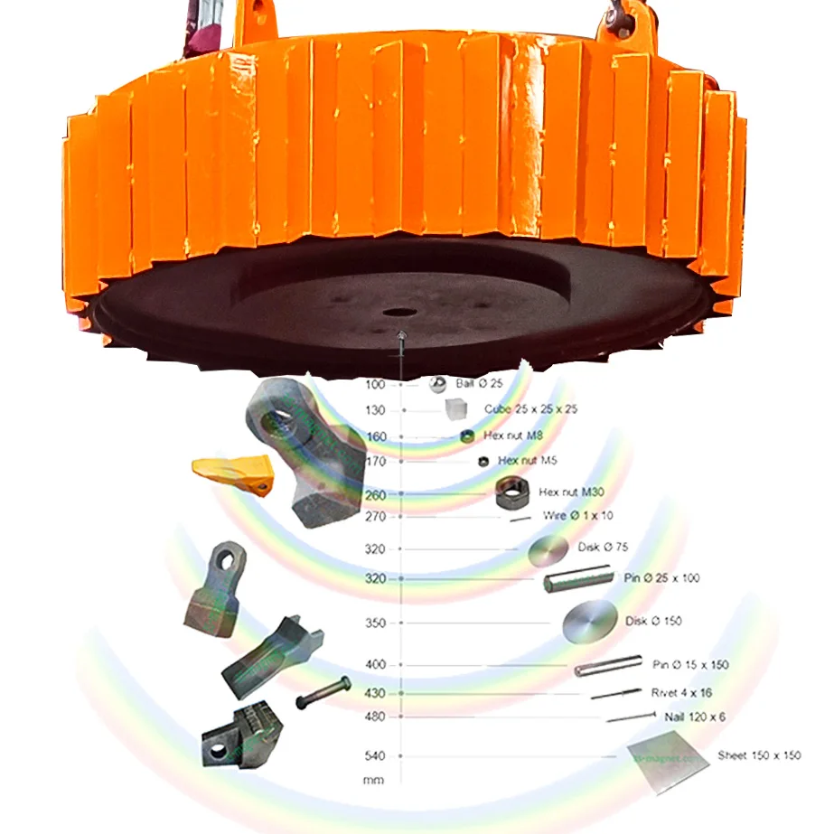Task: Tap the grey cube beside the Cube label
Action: pos(455,410)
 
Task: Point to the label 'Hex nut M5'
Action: pos(527,461)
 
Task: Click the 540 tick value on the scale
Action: pos(375,755)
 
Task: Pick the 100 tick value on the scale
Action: pos(375,385)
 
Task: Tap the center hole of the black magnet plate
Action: pos(397,313)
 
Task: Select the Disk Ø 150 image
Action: pos(590,622)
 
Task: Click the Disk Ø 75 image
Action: pos(548,551)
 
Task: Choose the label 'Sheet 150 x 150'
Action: pos(759,755)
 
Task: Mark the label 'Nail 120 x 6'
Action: pos(695,717)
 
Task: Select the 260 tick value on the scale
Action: pos(375,495)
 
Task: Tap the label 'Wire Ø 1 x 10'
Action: pos(577,516)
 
